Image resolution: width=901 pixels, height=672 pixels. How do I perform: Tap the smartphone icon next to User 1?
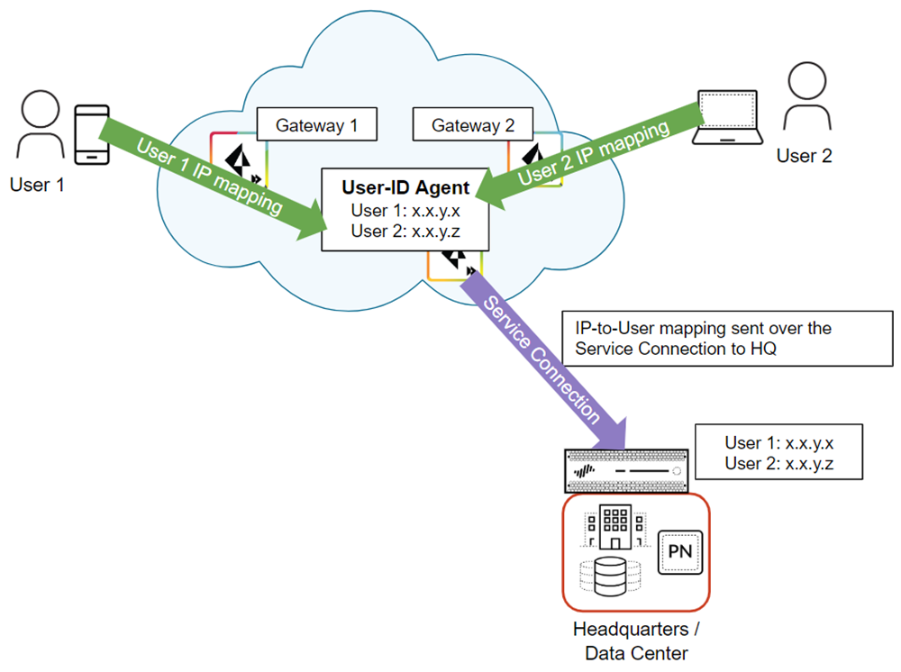click(91, 134)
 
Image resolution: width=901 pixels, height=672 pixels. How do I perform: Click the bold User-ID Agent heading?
click(405, 188)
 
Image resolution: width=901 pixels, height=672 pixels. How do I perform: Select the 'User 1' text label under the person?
click(35, 186)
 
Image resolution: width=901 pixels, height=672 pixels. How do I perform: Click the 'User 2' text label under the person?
click(805, 156)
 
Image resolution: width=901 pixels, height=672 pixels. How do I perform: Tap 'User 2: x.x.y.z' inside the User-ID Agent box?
click(406, 232)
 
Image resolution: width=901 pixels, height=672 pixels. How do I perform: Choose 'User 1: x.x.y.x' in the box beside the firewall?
click(780, 443)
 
